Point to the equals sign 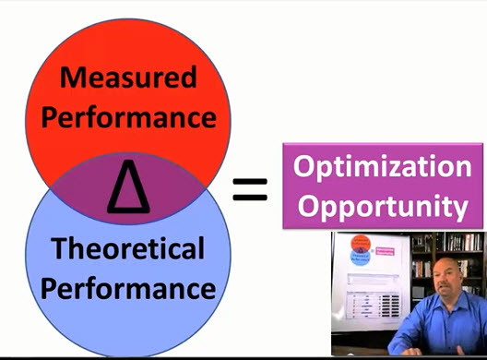coord(249,189)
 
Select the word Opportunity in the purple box coord(382,207)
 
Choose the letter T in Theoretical coord(59,248)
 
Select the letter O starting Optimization coord(305,168)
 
